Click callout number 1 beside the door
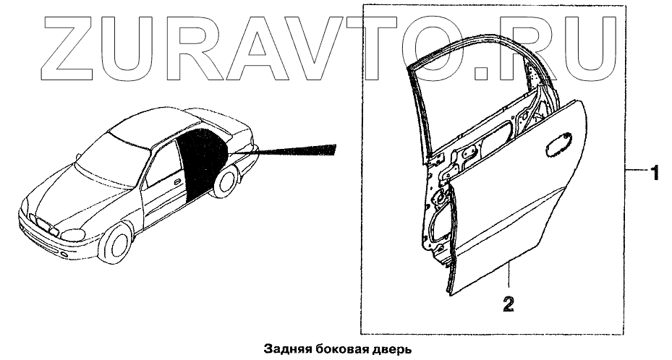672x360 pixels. click(654, 173)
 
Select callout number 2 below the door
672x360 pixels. click(509, 304)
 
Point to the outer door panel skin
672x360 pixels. click(506, 210)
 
